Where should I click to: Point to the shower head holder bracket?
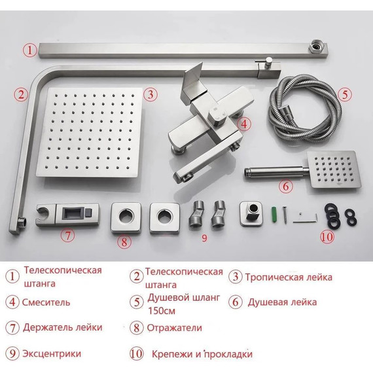[67, 213]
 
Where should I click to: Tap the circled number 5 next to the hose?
[345, 94]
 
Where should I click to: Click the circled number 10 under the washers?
[327, 236]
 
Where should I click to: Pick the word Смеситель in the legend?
[46, 302]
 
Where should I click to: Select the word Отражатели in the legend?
[175, 328]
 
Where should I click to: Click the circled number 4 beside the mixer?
[243, 123]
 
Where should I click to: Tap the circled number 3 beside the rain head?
[150, 94]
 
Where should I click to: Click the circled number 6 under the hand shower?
[285, 186]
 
